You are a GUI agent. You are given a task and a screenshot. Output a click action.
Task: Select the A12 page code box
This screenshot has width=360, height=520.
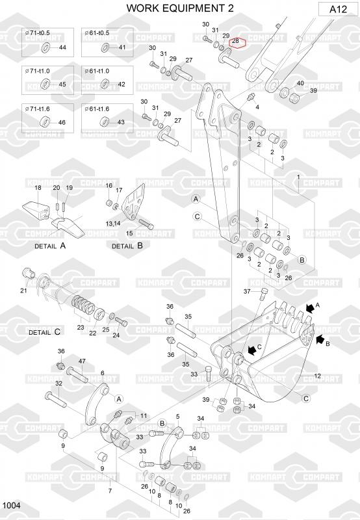click(x=338, y=9)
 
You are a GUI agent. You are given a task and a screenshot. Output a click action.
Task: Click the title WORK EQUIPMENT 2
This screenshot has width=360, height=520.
click(x=180, y=8)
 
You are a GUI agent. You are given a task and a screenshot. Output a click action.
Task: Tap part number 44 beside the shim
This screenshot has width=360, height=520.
click(x=62, y=47)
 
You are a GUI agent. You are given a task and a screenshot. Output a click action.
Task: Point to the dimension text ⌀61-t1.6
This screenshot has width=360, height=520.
click(x=97, y=109)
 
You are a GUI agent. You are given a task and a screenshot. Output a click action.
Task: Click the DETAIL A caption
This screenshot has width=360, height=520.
click(x=50, y=246)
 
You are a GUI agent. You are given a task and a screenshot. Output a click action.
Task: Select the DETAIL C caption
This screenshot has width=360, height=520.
click(x=44, y=331)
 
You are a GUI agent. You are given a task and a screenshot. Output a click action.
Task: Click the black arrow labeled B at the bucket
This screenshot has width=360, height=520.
click(x=320, y=339)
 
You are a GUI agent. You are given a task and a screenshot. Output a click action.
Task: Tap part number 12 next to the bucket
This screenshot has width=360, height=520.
click(x=317, y=376)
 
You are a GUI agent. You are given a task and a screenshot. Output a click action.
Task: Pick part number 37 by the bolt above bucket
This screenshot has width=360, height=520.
click(x=247, y=291)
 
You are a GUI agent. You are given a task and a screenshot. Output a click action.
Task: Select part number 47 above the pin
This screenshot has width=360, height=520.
click(x=82, y=361)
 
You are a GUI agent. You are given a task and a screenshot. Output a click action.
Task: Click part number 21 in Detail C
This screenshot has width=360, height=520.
click(x=23, y=291)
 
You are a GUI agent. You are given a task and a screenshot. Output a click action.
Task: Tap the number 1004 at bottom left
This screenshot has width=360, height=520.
click(x=11, y=505)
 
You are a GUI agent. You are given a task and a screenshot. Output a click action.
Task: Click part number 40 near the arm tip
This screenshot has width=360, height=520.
click(x=300, y=83)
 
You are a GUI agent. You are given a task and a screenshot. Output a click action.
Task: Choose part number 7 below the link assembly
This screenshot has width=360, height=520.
click(x=110, y=491)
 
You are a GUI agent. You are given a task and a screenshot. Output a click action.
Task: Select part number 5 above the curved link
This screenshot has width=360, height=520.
click(x=177, y=416)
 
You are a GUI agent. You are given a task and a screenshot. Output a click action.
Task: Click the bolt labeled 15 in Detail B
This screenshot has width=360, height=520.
click(x=146, y=224)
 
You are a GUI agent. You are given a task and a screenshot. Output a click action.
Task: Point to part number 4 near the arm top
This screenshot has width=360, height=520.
click(x=257, y=107)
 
